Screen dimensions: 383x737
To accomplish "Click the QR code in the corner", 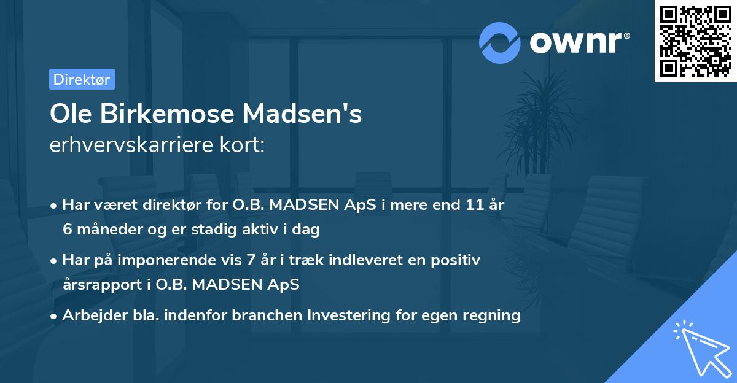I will [x=696, y=41].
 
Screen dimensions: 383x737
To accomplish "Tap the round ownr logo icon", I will [x=499, y=43].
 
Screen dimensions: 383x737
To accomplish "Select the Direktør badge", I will [x=82, y=79].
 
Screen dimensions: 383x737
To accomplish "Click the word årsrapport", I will [x=104, y=285].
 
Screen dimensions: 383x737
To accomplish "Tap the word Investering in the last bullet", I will [x=350, y=315].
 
